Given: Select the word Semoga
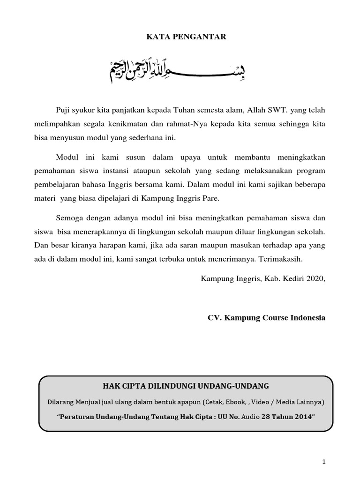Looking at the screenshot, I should (x=68, y=218).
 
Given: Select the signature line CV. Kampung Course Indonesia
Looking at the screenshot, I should (x=266, y=317).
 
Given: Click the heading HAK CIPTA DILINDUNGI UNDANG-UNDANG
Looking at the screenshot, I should (x=186, y=386).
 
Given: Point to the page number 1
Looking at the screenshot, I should (x=323, y=462).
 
